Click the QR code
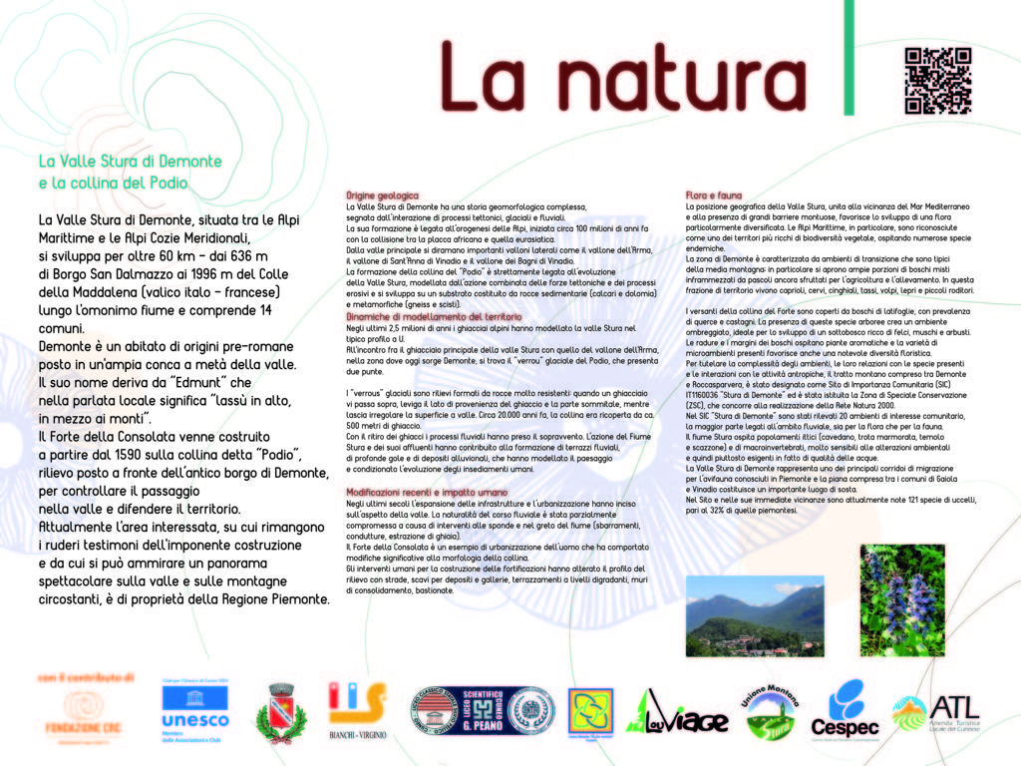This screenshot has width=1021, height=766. pyautogui.click(x=937, y=81)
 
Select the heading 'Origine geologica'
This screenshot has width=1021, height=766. pyautogui.click(x=382, y=194)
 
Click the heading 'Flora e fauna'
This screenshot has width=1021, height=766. pyautogui.click(x=714, y=194)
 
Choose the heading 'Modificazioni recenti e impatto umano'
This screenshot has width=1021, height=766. pyautogui.click(x=427, y=493)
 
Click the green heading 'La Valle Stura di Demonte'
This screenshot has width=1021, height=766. pyautogui.click(x=130, y=161)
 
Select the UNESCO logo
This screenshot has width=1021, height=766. pyautogui.click(x=194, y=709)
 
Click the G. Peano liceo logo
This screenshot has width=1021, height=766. pyautogui.click(x=484, y=711)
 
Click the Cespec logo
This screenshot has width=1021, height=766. pyautogui.click(x=845, y=711)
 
